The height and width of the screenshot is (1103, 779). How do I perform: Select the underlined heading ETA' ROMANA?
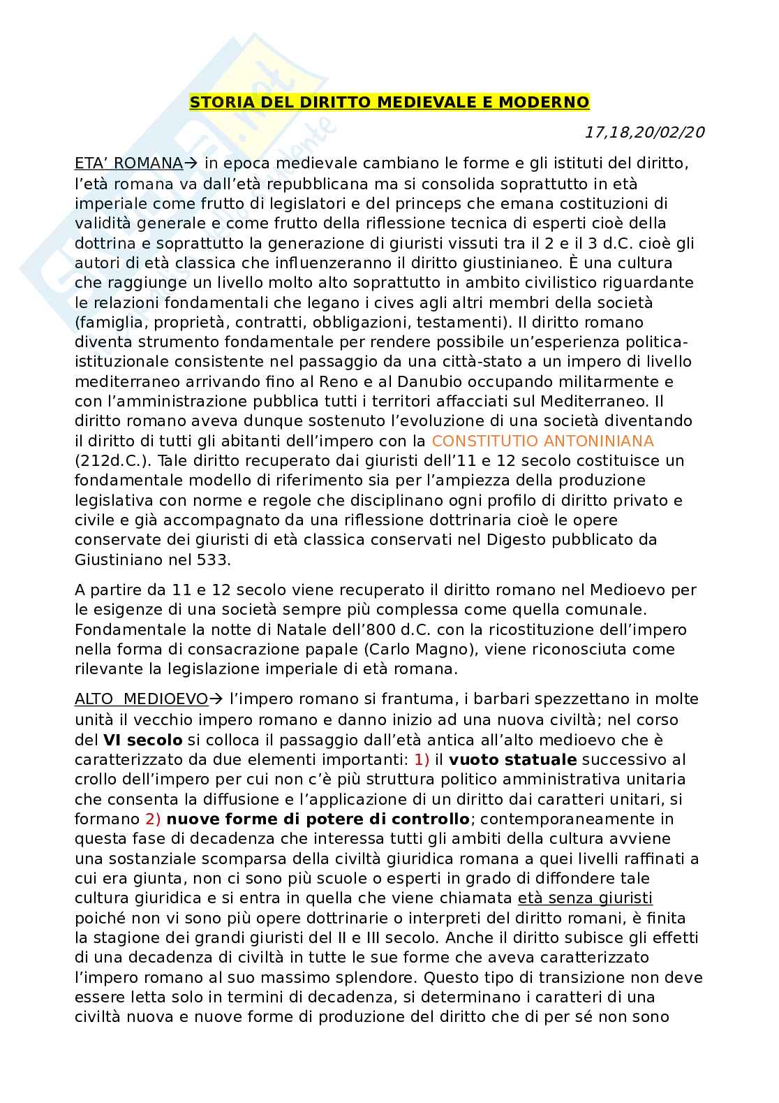tap(128, 163)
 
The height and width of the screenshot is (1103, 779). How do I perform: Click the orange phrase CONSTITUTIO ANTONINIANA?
tap(543, 441)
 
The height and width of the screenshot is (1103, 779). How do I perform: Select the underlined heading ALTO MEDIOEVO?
tap(142, 699)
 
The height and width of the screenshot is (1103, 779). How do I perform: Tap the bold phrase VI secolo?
tap(143, 740)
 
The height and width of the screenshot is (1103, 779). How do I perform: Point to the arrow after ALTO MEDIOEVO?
tap(216, 699)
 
